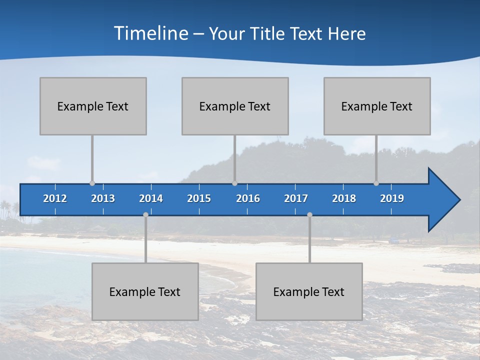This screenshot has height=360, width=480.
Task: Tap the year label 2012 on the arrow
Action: tap(55, 198)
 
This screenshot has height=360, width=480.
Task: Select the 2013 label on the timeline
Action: tap(103, 198)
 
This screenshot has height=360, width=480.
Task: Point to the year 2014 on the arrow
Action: tap(151, 198)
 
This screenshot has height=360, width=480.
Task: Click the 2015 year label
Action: tap(199, 198)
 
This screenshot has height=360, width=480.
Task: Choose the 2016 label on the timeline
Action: tap(248, 198)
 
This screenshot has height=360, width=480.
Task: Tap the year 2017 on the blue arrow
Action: tap(296, 198)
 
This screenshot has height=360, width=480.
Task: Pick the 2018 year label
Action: tap(344, 198)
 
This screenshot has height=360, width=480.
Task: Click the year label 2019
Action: tap(392, 198)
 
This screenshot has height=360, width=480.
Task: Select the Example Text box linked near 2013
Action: tap(93, 106)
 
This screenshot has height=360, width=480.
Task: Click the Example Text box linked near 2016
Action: tap(235, 106)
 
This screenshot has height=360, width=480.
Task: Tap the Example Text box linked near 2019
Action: tap(377, 106)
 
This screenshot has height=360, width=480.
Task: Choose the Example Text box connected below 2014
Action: tap(145, 291)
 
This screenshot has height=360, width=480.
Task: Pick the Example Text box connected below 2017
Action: tap(309, 291)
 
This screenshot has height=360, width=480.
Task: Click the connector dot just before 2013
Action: tap(92, 183)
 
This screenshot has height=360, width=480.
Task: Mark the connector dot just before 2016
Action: tap(235, 183)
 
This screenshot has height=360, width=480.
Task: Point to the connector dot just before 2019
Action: tap(376, 183)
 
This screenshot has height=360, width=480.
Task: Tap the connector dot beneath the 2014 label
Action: tap(145, 215)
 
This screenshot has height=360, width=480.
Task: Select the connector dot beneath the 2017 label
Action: tap(309, 215)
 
